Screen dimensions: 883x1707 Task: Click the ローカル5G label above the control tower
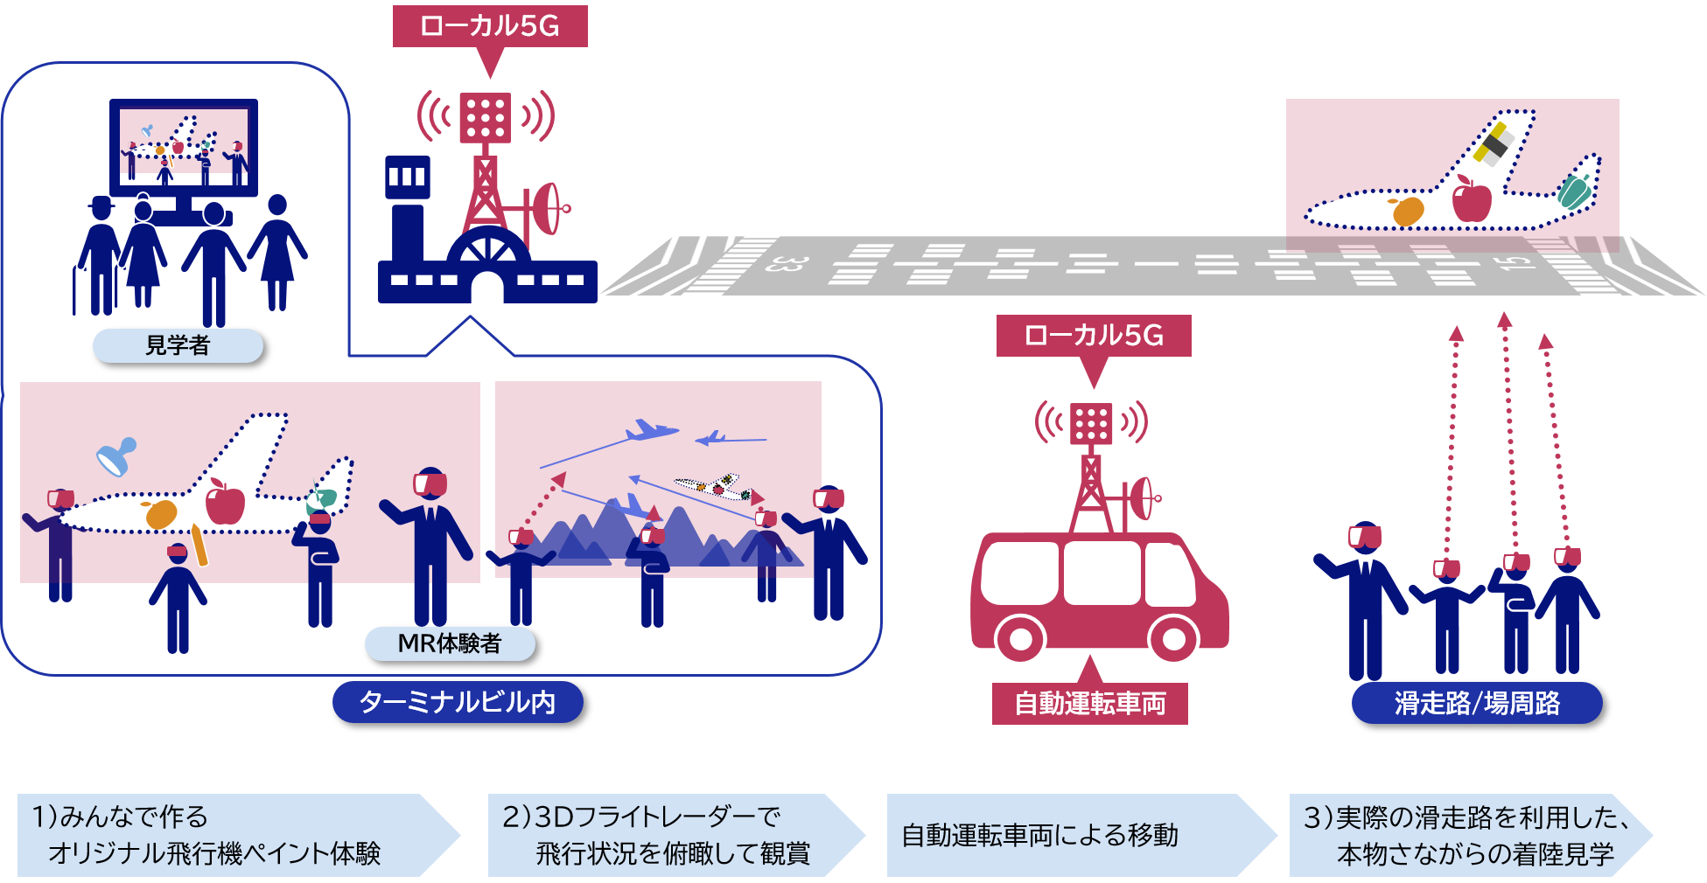[490, 26]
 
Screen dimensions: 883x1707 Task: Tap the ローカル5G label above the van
[1094, 336]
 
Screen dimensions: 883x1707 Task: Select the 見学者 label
[178, 346]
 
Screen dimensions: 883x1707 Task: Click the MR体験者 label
[450, 644]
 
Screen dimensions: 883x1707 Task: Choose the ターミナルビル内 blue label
[458, 702]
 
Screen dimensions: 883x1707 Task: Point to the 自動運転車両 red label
[1089, 704]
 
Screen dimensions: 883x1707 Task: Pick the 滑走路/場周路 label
[1477, 704]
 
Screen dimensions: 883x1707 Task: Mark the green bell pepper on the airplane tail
[1574, 191]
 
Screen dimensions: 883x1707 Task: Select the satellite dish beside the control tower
[549, 208]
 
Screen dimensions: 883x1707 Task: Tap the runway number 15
[1519, 261]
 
